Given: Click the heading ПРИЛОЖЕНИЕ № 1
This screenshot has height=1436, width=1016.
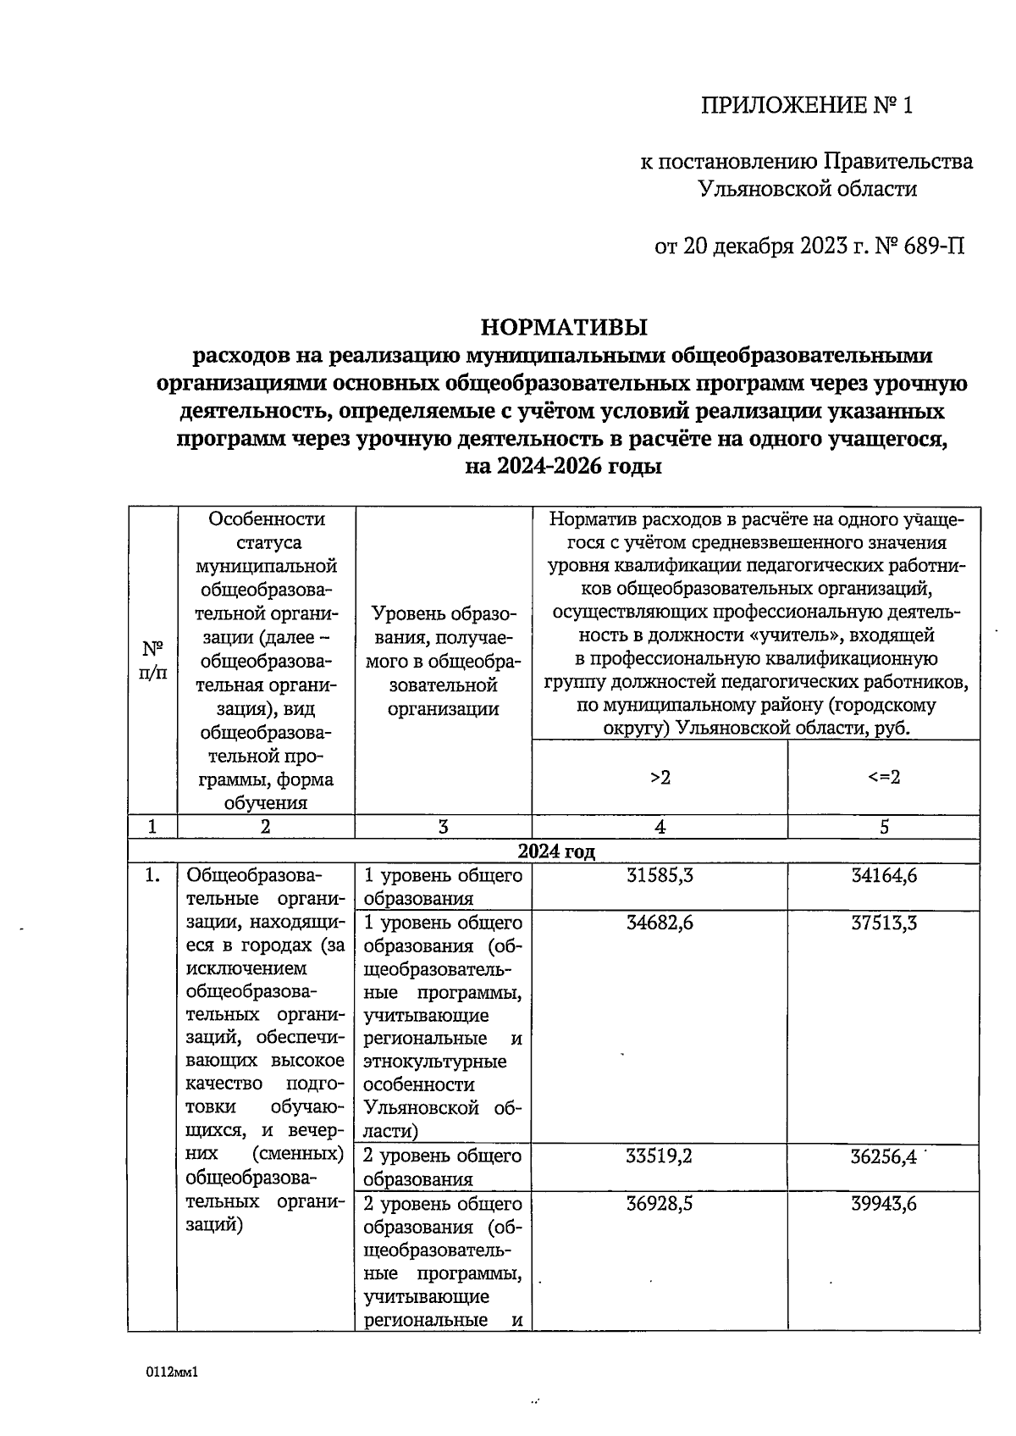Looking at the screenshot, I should tap(807, 105).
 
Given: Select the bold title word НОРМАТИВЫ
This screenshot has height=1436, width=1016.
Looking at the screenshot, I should tap(564, 326).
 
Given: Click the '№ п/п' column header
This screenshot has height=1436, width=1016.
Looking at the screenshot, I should tap(152, 661).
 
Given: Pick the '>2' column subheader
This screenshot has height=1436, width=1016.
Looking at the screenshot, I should tap(660, 777).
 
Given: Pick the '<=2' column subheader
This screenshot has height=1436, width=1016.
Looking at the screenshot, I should tap(884, 777).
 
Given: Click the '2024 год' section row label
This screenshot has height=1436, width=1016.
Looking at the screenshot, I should tap(556, 851).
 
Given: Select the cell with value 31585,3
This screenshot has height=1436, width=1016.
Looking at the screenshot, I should tap(660, 876).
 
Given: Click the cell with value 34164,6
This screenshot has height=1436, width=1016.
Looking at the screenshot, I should tap(884, 876).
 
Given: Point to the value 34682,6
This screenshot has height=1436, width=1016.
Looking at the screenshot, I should tap(660, 923).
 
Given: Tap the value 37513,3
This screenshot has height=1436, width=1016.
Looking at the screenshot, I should tap(884, 923).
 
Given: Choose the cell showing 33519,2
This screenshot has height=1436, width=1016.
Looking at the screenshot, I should tap(660, 1156).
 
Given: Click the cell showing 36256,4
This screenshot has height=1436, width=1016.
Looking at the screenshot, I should tap(884, 1156).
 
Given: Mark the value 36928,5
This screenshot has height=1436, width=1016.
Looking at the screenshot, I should tap(660, 1204).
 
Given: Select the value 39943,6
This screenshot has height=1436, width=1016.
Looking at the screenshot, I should tap(884, 1204).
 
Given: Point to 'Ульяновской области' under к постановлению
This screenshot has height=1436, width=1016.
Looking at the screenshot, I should tap(807, 189).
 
